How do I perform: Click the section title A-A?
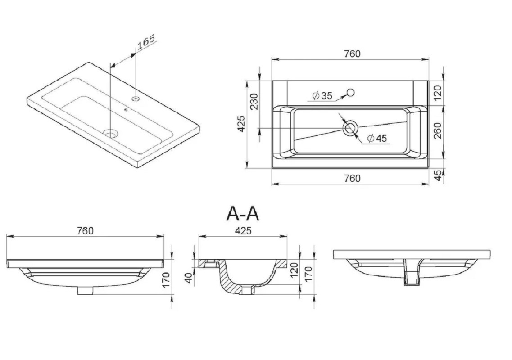[x=243, y=214]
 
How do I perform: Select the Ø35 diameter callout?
[x=322, y=96]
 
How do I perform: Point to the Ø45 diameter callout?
[x=377, y=139]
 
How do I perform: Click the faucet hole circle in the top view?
[x=351, y=93]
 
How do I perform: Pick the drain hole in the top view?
[x=350, y=128]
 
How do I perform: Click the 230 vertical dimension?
[x=254, y=102]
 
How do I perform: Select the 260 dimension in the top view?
[x=438, y=130]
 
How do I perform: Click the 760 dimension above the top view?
[x=352, y=54]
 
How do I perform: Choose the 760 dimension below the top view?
[x=352, y=178]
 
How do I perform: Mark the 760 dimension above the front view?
[x=85, y=231]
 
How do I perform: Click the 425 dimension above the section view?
[x=243, y=231]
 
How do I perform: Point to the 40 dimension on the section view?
[x=188, y=278]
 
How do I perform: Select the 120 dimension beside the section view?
[x=294, y=269]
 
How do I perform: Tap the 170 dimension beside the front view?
[x=166, y=280]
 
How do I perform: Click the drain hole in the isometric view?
[x=111, y=133]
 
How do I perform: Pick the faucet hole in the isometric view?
[x=136, y=98]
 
